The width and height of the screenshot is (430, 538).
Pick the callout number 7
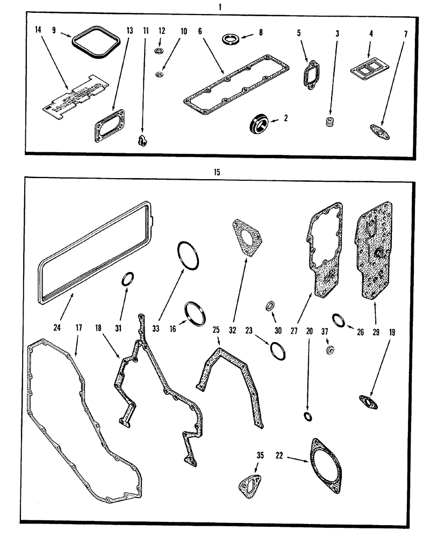click(405, 34)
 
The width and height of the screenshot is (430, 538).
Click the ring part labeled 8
click(231, 39)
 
